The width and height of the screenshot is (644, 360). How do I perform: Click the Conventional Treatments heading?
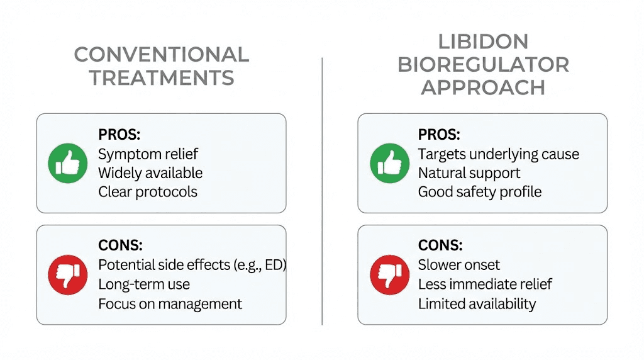click(x=161, y=66)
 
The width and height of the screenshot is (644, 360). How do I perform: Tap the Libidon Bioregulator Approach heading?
click(x=483, y=65)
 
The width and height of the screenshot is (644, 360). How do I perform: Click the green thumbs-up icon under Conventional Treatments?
click(x=67, y=163)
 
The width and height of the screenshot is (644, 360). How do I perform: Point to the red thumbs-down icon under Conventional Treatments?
click(x=67, y=275)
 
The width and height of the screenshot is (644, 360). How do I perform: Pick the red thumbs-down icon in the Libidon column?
click(x=389, y=275)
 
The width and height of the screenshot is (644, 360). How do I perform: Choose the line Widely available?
click(x=150, y=173)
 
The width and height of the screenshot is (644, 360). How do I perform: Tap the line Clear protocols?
click(x=148, y=192)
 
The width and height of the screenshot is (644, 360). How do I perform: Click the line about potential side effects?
click(x=192, y=265)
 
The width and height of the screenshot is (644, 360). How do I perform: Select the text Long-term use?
click(x=144, y=284)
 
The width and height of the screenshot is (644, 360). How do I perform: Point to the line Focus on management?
click(x=170, y=303)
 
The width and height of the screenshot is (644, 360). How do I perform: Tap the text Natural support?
click(x=469, y=173)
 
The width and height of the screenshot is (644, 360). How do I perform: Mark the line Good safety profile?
click(x=479, y=192)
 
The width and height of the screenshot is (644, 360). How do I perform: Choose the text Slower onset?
click(x=459, y=265)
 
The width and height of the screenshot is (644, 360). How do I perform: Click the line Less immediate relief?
click(x=485, y=284)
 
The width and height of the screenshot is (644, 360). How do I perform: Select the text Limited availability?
click(x=477, y=303)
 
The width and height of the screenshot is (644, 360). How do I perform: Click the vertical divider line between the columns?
click(x=322, y=189)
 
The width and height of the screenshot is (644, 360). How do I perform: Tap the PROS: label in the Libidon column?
click(x=439, y=135)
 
